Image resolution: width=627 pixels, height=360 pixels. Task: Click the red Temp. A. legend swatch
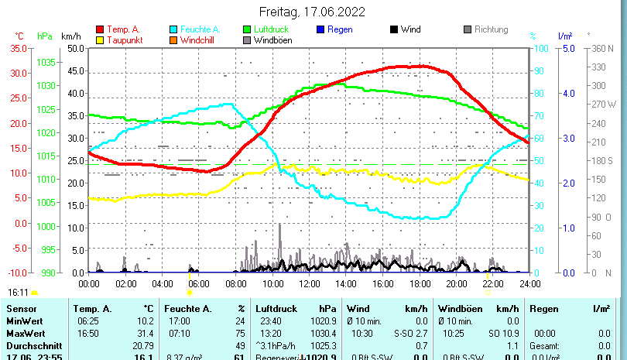click(x=99, y=29)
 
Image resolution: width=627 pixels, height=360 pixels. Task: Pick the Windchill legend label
click(x=199, y=40)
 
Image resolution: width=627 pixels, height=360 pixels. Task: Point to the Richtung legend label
click(x=491, y=29)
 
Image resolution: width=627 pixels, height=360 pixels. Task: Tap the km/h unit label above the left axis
click(x=70, y=36)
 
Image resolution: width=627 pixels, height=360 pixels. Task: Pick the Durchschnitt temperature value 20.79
click(x=142, y=345)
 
